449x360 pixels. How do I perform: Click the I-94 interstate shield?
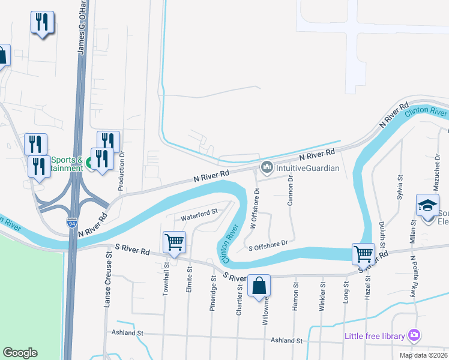click(71, 223)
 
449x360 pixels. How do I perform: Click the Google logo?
click(20, 353)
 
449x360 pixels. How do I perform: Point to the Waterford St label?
click(199, 217)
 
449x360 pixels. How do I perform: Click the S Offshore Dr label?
click(269, 244)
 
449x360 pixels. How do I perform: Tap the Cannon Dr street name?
click(290, 190)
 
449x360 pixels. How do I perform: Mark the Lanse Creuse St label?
click(109, 280)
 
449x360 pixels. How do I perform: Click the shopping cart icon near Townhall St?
click(174, 242)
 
